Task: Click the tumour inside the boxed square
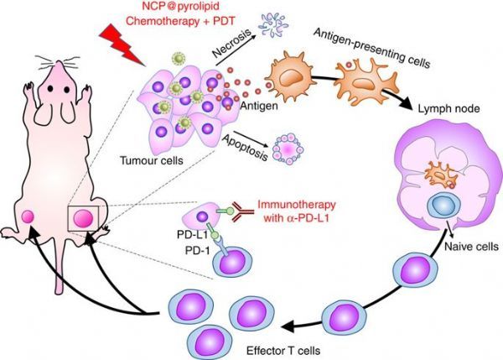click(x=83, y=220)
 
